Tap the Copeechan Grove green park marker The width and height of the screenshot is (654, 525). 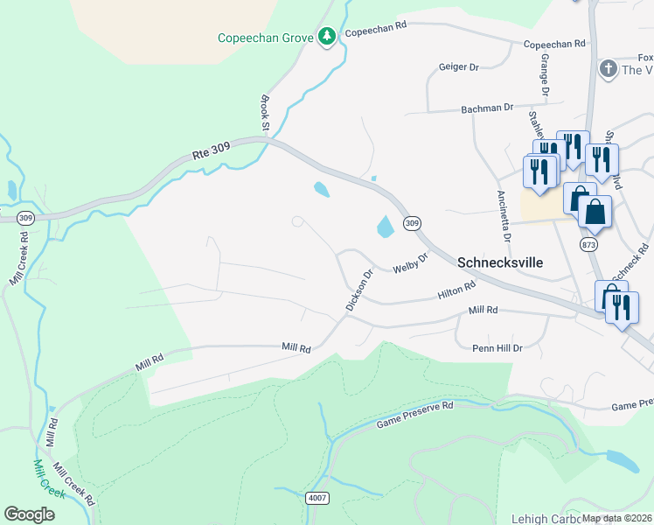[x=327, y=37]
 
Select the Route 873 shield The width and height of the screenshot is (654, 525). [x=588, y=245]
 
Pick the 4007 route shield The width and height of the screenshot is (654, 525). [x=317, y=498]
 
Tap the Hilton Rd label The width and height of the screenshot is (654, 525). [x=456, y=290]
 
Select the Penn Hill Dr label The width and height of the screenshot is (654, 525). [x=496, y=347]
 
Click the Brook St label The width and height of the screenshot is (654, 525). [x=264, y=115]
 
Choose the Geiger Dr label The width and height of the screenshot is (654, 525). [x=459, y=66]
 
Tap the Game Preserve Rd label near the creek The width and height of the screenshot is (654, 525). [x=415, y=416]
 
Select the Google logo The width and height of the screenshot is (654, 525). [x=29, y=514]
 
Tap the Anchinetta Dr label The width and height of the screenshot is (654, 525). [x=503, y=215]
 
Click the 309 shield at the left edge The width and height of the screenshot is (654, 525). [x=25, y=218]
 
